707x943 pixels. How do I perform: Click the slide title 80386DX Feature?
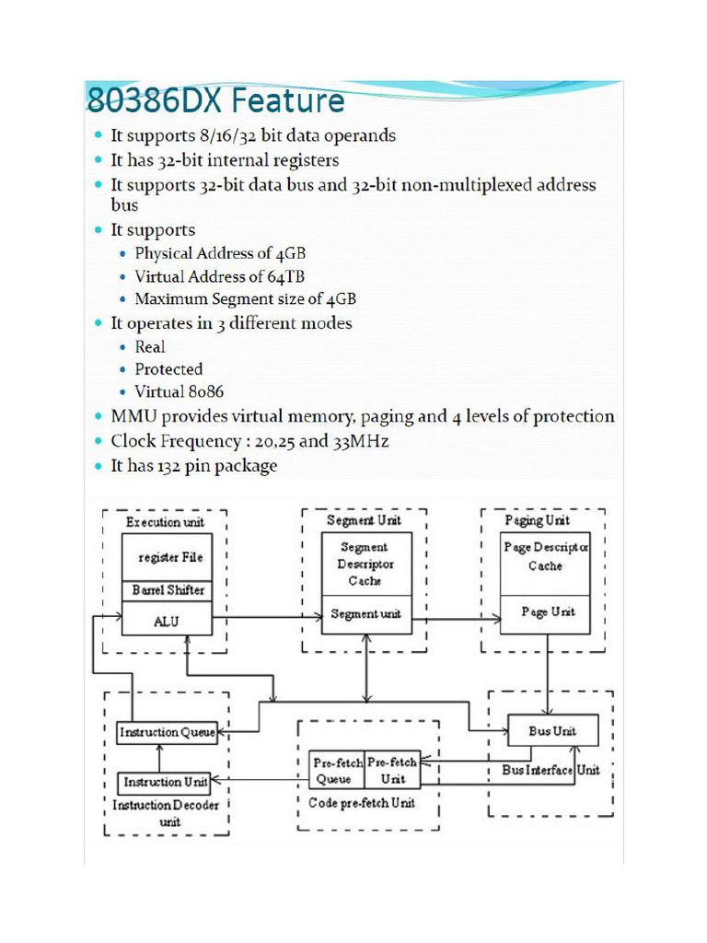coord(214,99)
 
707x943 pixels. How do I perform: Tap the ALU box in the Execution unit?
coord(167,621)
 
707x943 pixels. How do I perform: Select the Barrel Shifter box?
coord(167,589)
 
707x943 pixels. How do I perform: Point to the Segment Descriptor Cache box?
coord(365,564)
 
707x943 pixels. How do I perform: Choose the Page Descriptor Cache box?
coord(545,557)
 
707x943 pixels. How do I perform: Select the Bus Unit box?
coord(551,731)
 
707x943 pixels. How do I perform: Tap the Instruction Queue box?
coord(167,733)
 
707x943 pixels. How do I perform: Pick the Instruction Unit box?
coord(166,783)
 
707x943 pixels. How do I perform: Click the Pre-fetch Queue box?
coord(336,771)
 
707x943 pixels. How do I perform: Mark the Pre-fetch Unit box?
coord(392,771)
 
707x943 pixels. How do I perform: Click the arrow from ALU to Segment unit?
coord(266,619)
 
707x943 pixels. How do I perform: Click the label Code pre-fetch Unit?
coord(362,803)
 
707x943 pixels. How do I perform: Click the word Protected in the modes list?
coord(168,369)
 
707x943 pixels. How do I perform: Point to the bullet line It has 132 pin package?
coord(193,466)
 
